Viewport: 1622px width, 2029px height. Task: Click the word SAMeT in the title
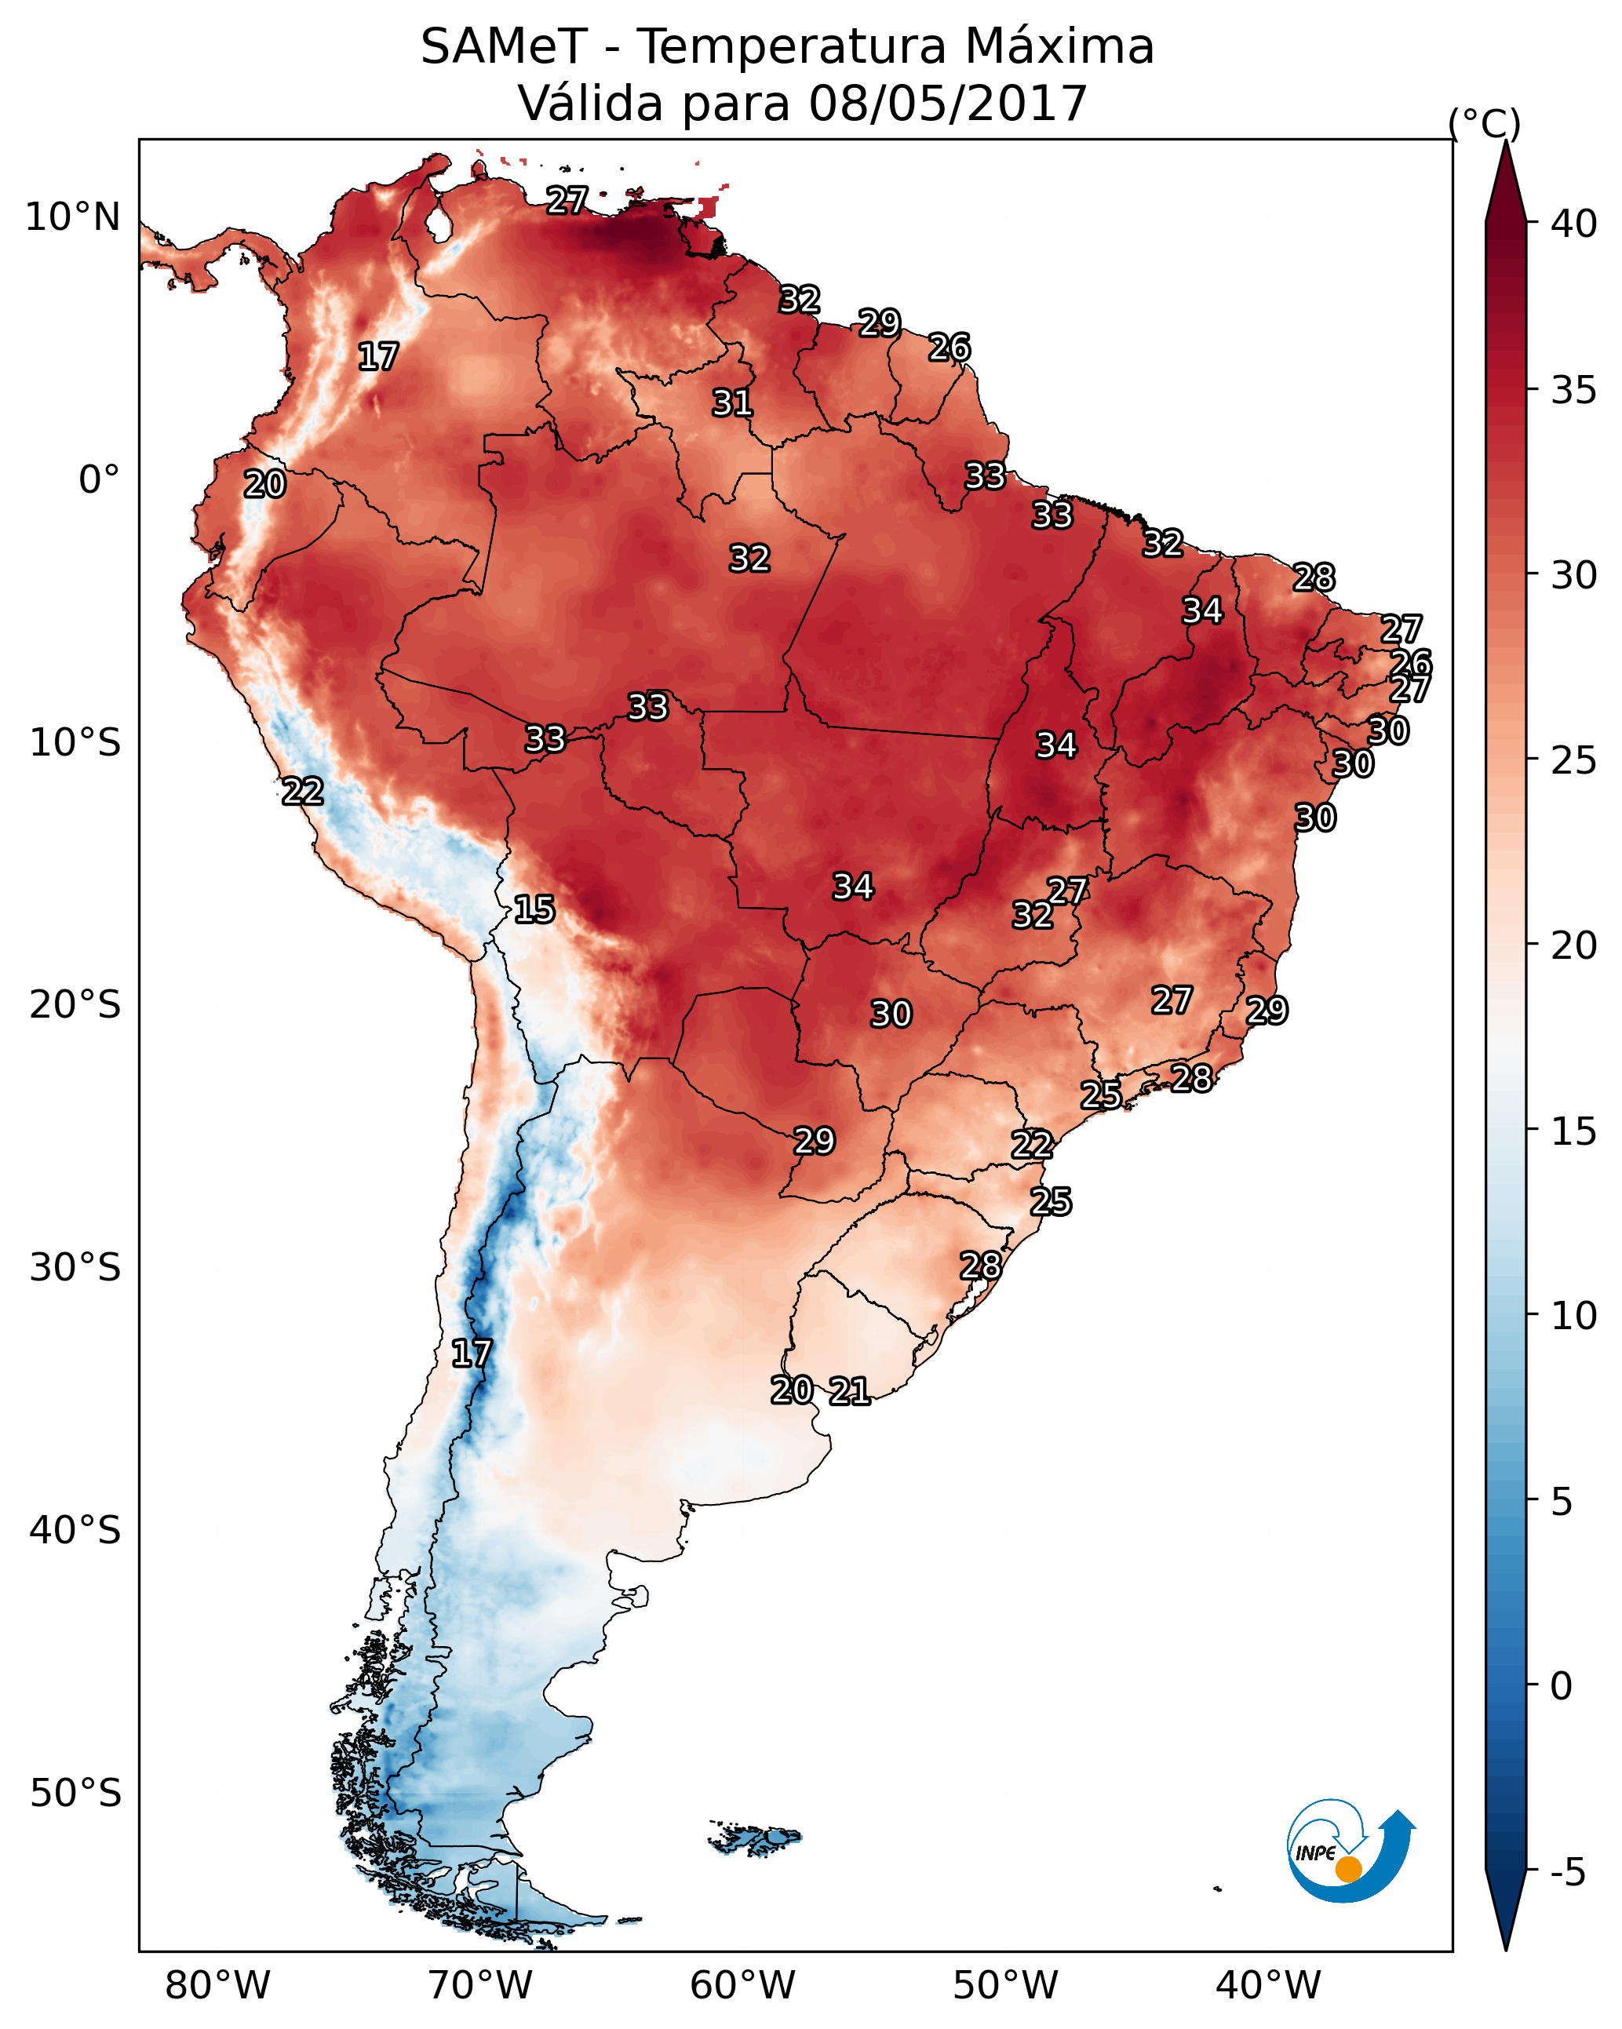point(504,47)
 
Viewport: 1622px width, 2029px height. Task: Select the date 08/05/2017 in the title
point(948,104)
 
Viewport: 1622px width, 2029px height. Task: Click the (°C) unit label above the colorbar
point(1485,123)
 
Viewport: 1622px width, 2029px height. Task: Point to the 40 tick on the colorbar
point(1574,224)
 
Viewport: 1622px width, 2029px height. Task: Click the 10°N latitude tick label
point(72,217)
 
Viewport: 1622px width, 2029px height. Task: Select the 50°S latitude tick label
point(75,1794)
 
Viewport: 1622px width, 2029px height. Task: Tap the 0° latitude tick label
point(100,480)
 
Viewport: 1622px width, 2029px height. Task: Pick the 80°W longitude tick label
point(217,1986)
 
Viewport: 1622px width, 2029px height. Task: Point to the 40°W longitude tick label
point(1268,1986)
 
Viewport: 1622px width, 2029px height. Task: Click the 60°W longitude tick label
point(743,1986)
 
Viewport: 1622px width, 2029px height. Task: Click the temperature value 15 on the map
point(534,909)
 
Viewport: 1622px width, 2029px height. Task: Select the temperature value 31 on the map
point(732,403)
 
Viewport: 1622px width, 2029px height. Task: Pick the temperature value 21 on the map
point(850,1391)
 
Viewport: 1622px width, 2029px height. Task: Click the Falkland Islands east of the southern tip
point(755,1838)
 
